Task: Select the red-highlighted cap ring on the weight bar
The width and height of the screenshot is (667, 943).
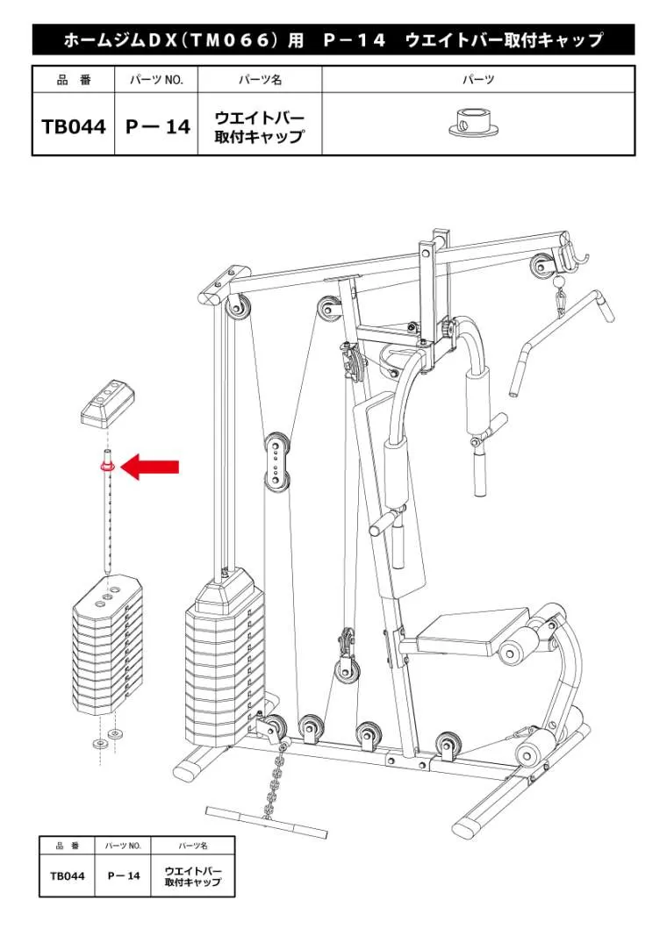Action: coord(108,467)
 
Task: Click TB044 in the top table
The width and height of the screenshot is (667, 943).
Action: coord(74,126)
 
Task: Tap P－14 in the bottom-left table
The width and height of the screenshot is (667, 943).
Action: coord(124,875)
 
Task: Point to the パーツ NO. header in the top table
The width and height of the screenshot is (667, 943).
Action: coord(156,79)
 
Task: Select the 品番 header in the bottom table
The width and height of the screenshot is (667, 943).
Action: coord(68,846)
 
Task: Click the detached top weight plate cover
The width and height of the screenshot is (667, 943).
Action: coord(108,402)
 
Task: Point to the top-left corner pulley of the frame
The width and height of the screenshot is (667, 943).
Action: coord(235,305)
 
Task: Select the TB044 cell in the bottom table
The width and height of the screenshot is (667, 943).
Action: coord(68,875)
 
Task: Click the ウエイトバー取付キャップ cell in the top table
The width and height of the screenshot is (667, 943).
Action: coord(259,126)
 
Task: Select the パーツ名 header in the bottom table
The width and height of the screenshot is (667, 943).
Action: coord(193,846)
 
